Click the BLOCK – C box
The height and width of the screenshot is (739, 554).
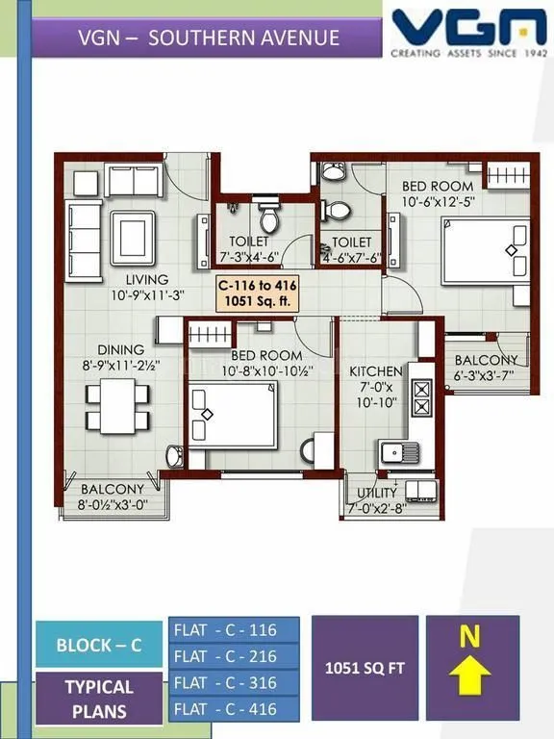[99, 645]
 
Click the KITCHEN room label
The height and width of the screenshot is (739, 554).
[375, 370]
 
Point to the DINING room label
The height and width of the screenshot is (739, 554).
[120, 349]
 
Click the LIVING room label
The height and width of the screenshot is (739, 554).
[133, 279]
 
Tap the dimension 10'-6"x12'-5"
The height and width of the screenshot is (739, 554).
[438, 203]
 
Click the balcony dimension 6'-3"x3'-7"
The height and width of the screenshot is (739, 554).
[491, 376]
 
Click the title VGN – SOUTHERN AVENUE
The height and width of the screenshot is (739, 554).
[209, 38]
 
